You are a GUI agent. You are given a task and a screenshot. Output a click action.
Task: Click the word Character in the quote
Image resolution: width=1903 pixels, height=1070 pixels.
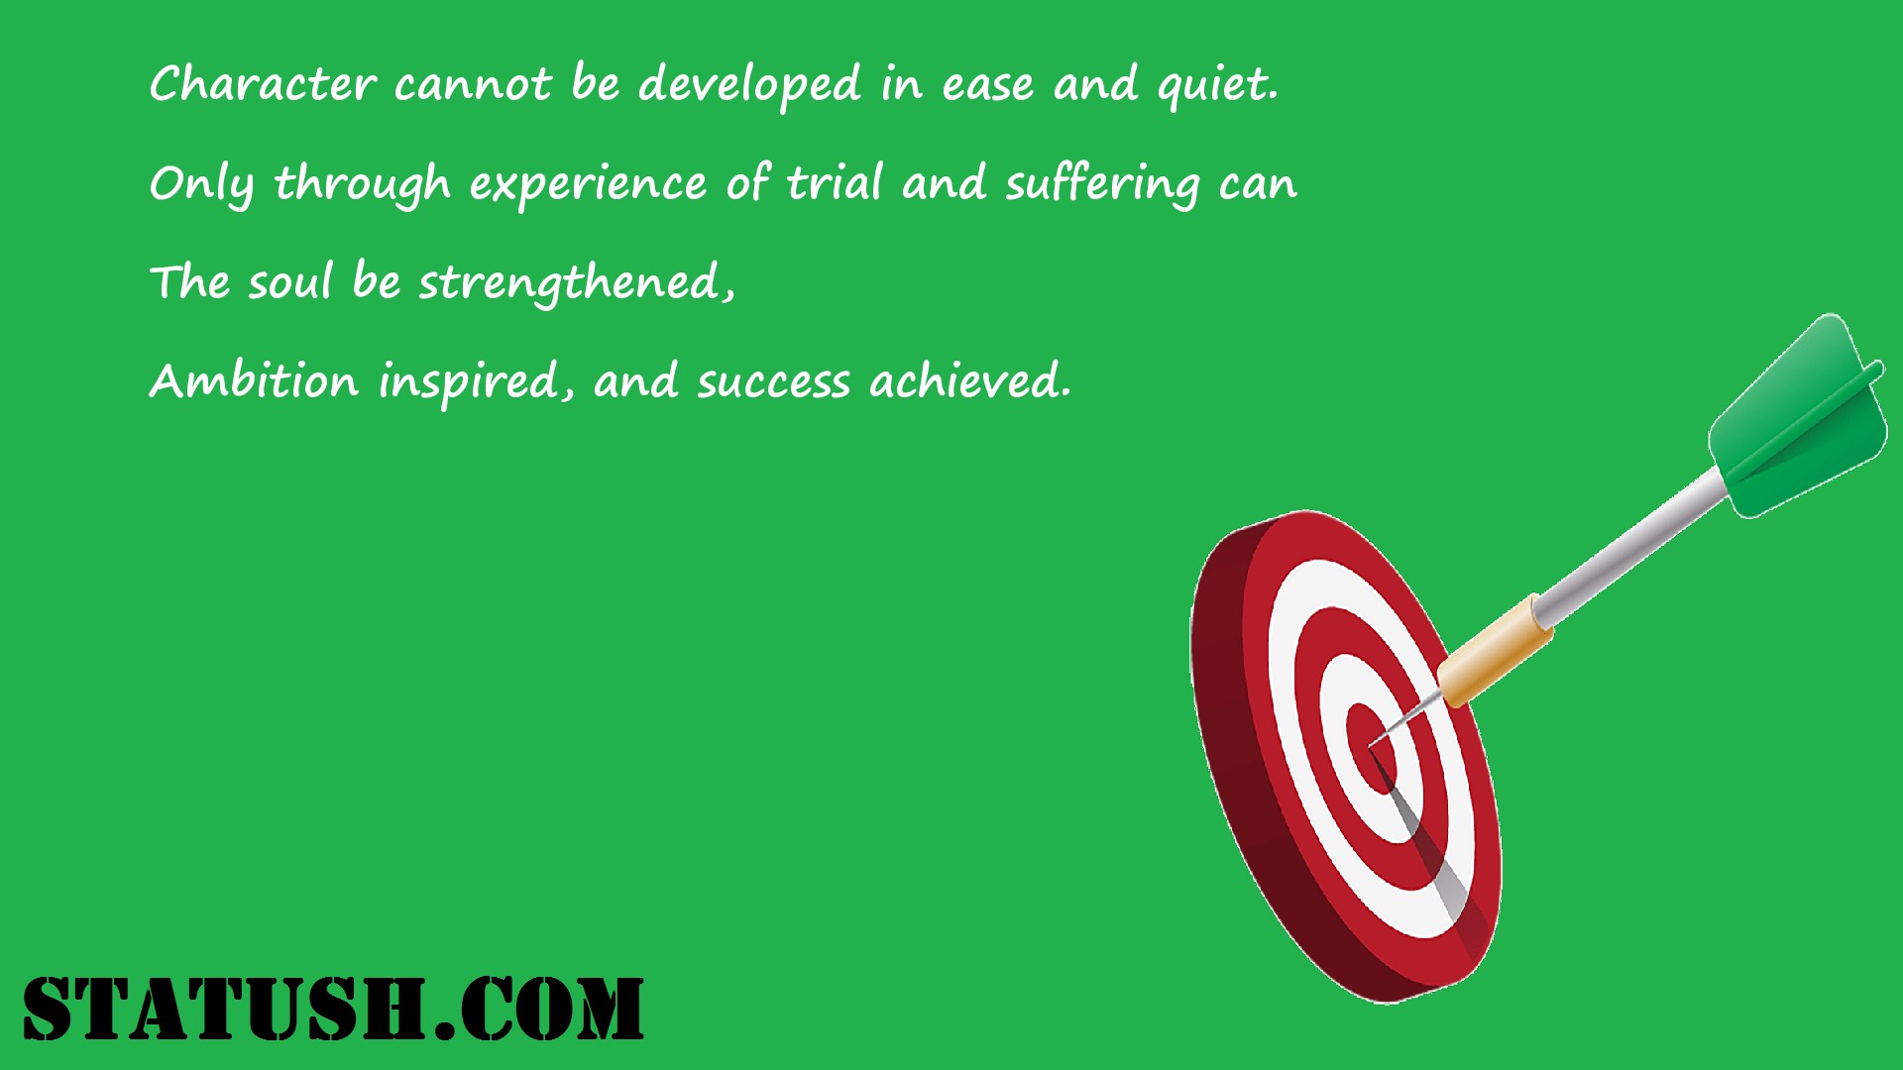click(263, 83)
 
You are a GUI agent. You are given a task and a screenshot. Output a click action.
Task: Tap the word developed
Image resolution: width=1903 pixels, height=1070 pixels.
click(749, 85)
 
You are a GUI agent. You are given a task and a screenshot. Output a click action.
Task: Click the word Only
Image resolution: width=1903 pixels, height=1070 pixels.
click(202, 185)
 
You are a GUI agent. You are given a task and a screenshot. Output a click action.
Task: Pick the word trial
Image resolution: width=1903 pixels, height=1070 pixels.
click(835, 182)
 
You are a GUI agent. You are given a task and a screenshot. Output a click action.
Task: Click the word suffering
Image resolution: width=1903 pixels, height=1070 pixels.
click(1103, 185)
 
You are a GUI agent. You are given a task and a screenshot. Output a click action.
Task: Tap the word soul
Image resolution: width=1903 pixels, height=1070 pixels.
click(289, 281)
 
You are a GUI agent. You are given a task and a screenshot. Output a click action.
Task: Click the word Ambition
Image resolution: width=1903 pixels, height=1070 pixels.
click(255, 380)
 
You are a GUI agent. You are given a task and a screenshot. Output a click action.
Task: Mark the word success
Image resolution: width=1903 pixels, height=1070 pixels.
click(773, 383)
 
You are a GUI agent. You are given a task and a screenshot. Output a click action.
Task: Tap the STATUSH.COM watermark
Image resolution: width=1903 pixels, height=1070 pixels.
click(333, 1009)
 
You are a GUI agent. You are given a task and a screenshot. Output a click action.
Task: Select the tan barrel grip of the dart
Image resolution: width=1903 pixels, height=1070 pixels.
click(1495, 650)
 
